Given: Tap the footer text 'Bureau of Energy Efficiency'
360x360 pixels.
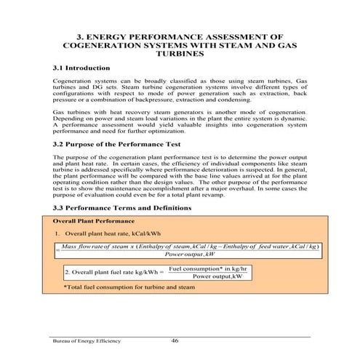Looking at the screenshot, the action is click(86, 340).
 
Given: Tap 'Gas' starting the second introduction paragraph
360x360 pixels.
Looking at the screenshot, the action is click(60, 113).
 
